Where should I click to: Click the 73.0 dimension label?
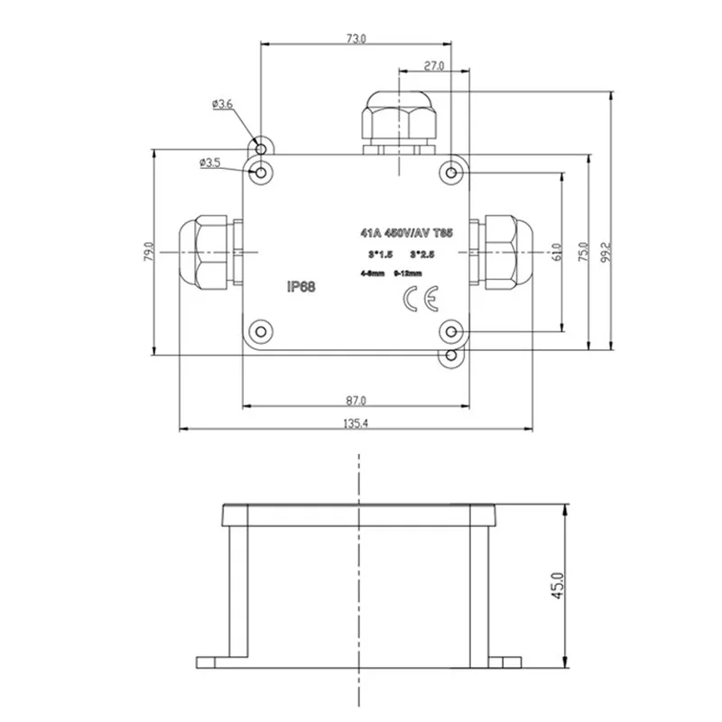coord(356,39)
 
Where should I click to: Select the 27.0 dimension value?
coord(434,66)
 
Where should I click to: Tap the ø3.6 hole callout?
coord(222,105)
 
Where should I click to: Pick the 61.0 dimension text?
coord(557,251)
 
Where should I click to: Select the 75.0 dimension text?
coord(583,251)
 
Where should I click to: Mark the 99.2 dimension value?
coord(606,251)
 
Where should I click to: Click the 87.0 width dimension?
coord(356,400)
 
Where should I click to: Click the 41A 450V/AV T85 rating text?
coord(406,233)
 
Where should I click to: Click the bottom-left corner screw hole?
coord(261,330)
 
